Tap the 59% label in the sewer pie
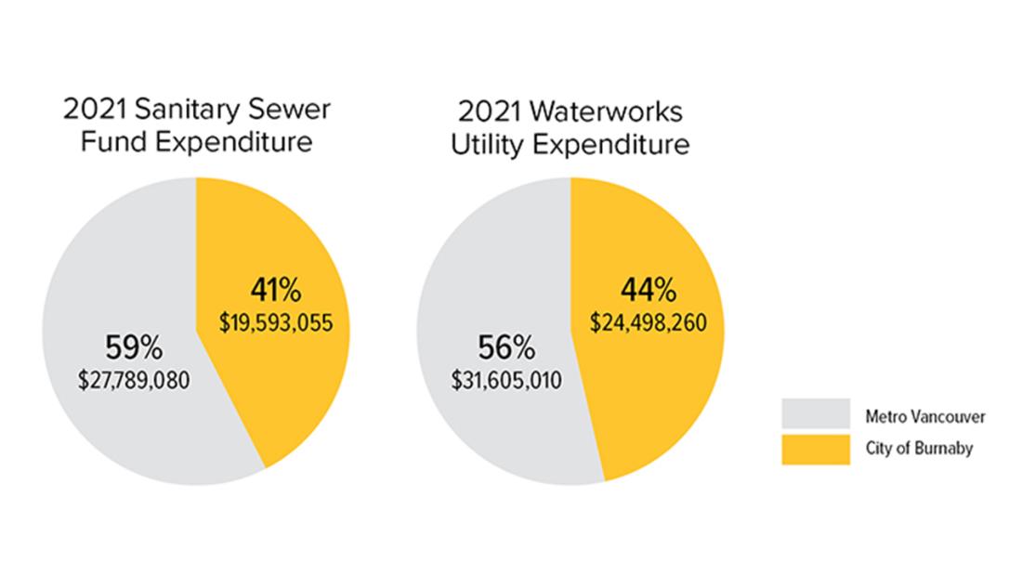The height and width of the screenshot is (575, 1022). (136, 349)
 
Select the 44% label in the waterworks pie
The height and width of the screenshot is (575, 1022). (648, 291)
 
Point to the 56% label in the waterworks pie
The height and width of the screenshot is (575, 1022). (506, 349)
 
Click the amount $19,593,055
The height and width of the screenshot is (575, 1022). (276, 322)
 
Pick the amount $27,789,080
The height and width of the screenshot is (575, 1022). (136, 380)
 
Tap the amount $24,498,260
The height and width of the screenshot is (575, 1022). (649, 322)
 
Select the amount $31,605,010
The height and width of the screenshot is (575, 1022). (506, 380)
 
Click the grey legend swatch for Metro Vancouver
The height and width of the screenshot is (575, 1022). (815, 416)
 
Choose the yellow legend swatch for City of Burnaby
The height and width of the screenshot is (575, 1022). (815, 450)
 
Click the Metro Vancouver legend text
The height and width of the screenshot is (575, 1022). (924, 416)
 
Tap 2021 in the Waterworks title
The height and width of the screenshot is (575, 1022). (487, 112)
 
